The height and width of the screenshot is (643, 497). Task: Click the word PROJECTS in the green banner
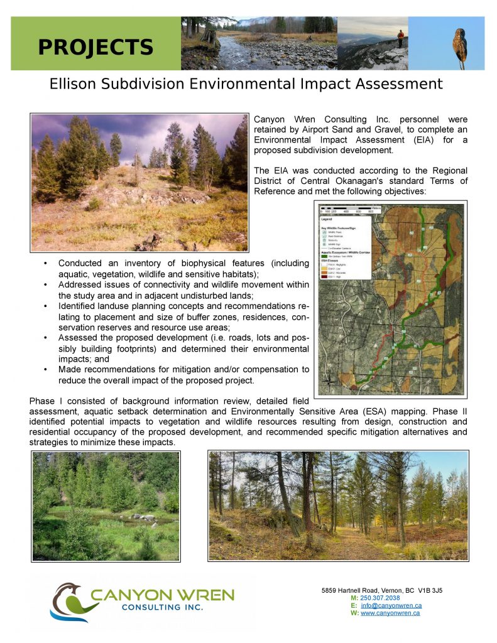(96, 47)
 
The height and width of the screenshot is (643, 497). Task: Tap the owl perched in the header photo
(461, 45)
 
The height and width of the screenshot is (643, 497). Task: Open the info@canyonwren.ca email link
(391, 605)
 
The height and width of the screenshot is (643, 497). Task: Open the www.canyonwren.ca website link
(390, 613)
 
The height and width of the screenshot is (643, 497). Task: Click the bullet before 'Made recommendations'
(46, 369)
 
